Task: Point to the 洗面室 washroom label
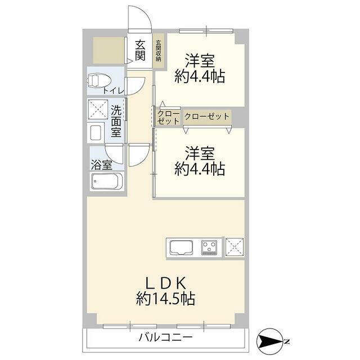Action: click(116, 120)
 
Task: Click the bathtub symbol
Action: click(106, 182)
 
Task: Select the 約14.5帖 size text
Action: click(166, 299)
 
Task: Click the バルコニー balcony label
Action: click(165, 337)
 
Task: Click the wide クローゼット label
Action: click(206, 116)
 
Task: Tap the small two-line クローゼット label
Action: click(168, 117)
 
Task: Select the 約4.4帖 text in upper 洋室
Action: click(200, 76)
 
